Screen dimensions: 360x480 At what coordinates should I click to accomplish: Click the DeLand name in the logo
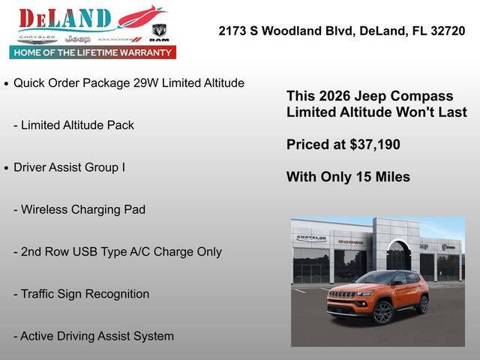click(65, 19)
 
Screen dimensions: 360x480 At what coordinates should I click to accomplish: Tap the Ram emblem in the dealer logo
click(159, 32)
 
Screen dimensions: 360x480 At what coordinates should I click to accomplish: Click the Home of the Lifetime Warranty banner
click(93, 52)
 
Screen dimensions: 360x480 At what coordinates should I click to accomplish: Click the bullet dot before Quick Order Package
click(7, 83)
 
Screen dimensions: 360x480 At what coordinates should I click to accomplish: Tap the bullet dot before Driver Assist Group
click(7, 167)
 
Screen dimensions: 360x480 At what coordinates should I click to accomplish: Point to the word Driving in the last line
click(81, 336)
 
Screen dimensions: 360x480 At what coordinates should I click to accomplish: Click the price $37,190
click(374, 144)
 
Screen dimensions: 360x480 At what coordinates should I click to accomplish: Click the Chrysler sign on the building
click(310, 238)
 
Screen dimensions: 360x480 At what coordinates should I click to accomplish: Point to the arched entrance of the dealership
click(397, 256)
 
